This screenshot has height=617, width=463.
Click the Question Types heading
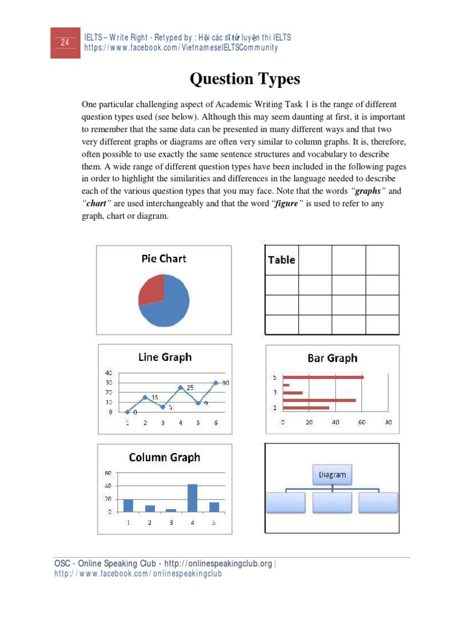pyautogui.click(x=245, y=79)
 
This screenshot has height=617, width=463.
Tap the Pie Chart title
pyautogui.click(x=163, y=258)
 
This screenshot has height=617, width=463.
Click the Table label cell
pyautogui.click(x=282, y=260)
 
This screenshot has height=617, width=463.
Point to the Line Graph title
pyautogui.click(x=165, y=357)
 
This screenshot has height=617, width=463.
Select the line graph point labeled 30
pyautogui.click(x=216, y=383)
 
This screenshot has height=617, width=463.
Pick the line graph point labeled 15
pyautogui.click(x=145, y=397)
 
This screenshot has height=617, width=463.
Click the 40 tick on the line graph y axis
pyautogui.click(x=109, y=373)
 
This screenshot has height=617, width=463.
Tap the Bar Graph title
pyautogui.click(x=332, y=358)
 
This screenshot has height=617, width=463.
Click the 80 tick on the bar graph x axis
pyautogui.click(x=389, y=422)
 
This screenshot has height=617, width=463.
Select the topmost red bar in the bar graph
pyautogui.click(x=323, y=377)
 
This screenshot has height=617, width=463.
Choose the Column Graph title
pyautogui.click(x=165, y=457)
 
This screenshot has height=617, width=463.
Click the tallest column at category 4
pyautogui.click(x=192, y=498)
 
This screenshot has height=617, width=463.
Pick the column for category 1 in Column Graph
pyautogui.click(x=128, y=505)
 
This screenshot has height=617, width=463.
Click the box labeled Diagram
pyautogui.click(x=332, y=475)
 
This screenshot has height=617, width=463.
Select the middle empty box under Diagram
pyautogui.click(x=332, y=502)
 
